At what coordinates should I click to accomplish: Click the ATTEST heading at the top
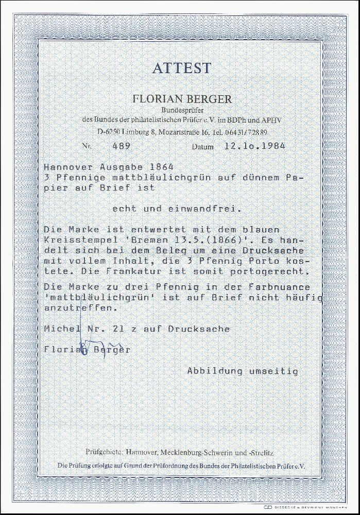181,68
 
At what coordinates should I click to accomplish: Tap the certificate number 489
121,146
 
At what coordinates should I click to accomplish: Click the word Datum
202,147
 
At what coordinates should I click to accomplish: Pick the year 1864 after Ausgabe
159,167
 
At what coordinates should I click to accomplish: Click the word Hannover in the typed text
65,167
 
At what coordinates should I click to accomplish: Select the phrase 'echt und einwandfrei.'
175,209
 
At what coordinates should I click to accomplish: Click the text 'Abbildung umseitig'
242,370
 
